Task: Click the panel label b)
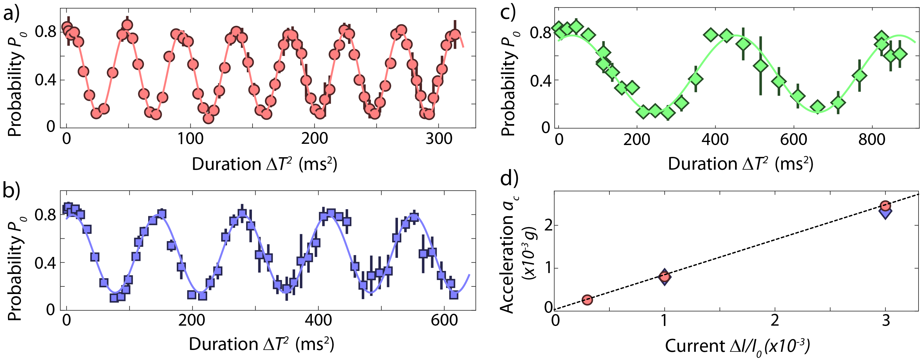pos(12,190)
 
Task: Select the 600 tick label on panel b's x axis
pos(445,320)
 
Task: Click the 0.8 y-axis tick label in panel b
pos(45,215)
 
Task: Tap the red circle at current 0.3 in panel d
pos(587,300)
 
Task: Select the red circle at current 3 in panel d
pos(885,206)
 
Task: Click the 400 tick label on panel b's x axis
pos(318,320)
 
